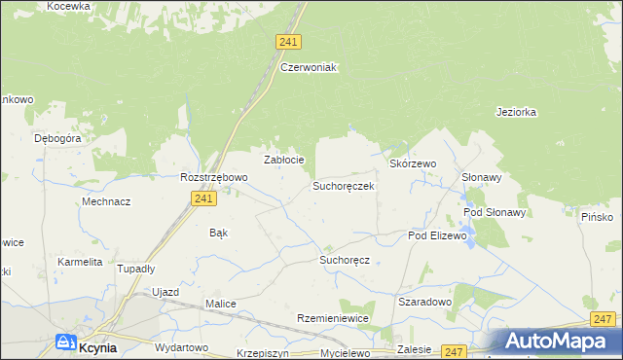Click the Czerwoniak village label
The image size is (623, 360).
pyautogui.click(x=308, y=67)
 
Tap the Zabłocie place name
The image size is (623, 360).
pyautogui.click(x=285, y=160)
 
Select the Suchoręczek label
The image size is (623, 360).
pyautogui.click(x=343, y=185)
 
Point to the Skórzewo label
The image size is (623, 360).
pyautogui.click(x=413, y=164)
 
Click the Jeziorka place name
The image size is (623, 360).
pyautogui.click(x=516, y=112)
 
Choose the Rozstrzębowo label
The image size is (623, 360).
pyautogui.click(x=214, y=178)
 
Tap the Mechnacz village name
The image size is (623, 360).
pyautogui.click(x=106, y=201)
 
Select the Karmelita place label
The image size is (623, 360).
pyautogui.click(x=80, y=262)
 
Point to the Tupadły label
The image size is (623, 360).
pyautogui.click(x=136, y=269)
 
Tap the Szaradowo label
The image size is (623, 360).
pyautogui.click(x=425, y=303)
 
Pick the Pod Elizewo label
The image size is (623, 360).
pyautogui.click(x=437, y=236)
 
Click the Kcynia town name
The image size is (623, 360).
pyautogui.click(x=98, y=346)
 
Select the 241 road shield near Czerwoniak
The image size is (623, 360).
pyautogui.click(x=288, y=42)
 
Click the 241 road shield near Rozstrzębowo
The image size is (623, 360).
pyautogui.click(x=202, y=198)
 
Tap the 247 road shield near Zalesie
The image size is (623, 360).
pyautogui.click(x=454, y=350)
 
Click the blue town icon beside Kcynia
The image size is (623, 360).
pyautogui.click(x=66, y=342)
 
